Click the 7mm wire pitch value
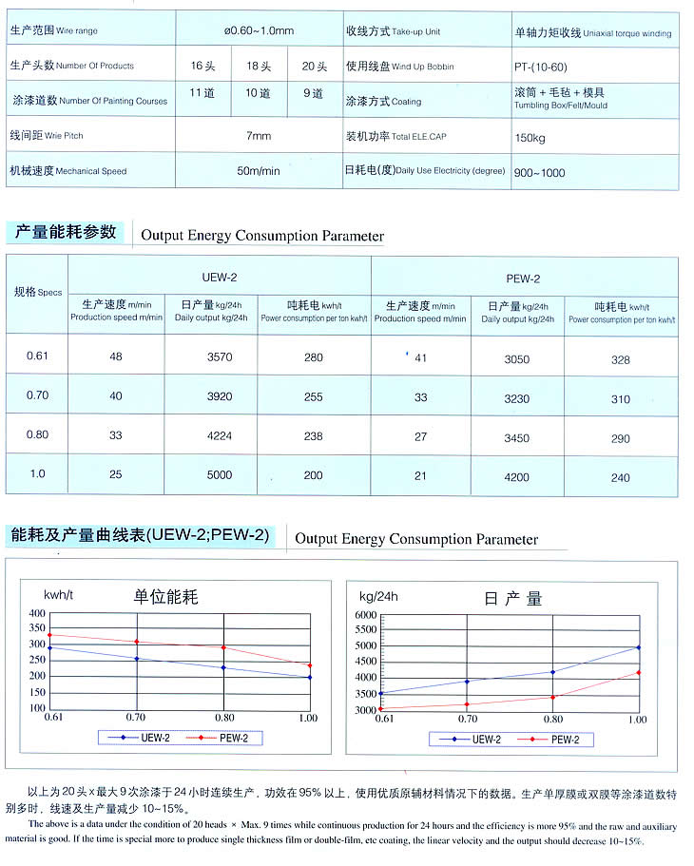(259, 136)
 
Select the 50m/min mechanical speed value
(259, 171)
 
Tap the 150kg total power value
(530, 136)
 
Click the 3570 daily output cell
(220, 357)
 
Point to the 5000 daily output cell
(220, 475)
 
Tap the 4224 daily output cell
(220, 436)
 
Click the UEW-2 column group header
(220, 277)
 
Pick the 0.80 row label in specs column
(37, 435)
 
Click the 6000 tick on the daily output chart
(366, 615)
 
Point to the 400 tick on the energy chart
(36, 614)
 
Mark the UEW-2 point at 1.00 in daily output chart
(638, 647)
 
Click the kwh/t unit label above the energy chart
(59, 595)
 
